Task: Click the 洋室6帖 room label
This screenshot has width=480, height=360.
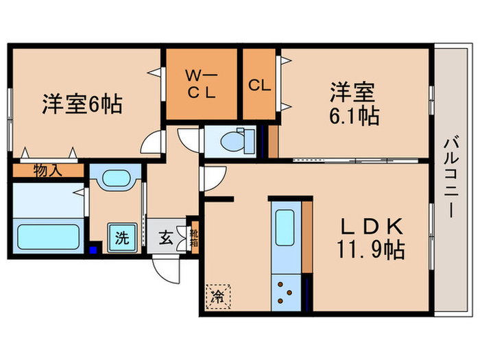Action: point(82,104)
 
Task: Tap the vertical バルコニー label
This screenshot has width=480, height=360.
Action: point(451,178)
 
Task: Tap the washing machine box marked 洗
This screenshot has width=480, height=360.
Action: point(121,239)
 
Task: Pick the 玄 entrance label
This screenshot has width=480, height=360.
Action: point(166,239)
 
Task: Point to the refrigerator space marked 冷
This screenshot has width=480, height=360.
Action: point(216,297)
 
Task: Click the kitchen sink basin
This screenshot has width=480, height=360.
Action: point(285,230)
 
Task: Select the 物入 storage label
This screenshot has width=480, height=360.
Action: point(48,170)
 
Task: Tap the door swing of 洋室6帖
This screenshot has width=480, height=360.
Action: point(152,143)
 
